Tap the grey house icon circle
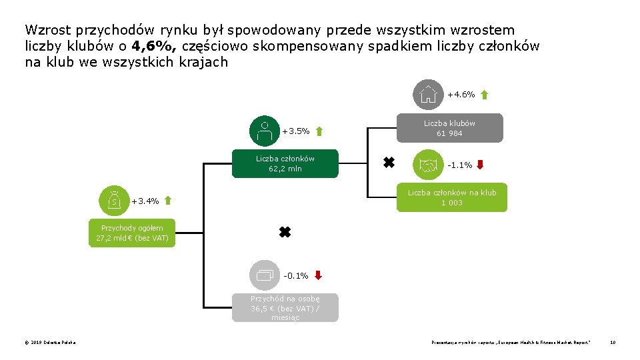428,95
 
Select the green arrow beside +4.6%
484,95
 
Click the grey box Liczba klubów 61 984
450,128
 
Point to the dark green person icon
265,131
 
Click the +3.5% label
296,131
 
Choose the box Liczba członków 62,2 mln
285,163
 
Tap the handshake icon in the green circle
428,165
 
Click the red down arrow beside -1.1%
480,165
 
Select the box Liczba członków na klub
451,197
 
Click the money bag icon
114,201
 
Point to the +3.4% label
145,201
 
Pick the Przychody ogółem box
132,233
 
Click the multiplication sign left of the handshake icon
387,162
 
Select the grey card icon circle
265,275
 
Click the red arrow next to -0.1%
318,275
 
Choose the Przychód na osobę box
285,308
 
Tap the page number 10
612,343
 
